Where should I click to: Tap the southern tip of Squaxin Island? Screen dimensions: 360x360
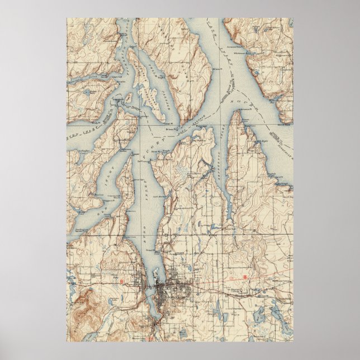tap(166, 118)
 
